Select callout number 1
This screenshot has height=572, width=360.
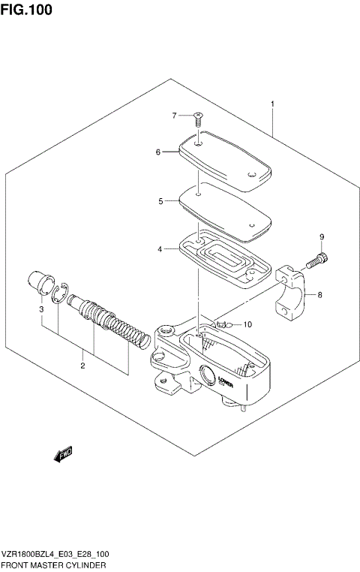coord(272,104)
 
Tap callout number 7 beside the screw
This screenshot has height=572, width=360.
coord(173,116)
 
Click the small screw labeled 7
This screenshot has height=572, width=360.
coord(197,117)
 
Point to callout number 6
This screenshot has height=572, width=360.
coord(158,152)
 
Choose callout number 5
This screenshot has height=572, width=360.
coord(160,201)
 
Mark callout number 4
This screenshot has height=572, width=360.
coord(160,249)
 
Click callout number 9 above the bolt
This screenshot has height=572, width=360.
coord(321,238)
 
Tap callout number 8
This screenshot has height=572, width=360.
coord(319,295)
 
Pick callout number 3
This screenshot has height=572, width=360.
coord(41,309)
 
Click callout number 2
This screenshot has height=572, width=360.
coord(82,366)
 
